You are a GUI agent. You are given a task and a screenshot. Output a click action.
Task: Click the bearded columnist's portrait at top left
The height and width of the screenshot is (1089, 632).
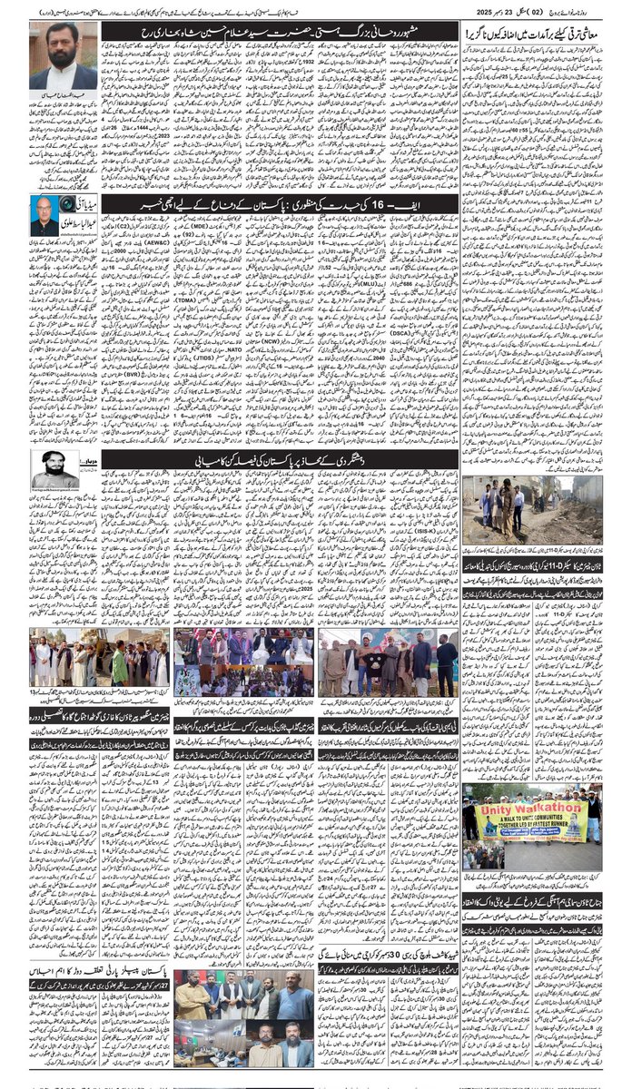pyautogui.click(x=63, y=55)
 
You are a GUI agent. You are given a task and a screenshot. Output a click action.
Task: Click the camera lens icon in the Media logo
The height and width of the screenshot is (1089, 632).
pyautogui.click(x=69, y=204)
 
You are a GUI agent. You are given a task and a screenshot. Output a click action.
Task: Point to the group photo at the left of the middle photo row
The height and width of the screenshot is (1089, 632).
pyautogui.click(x=99, y=657)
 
